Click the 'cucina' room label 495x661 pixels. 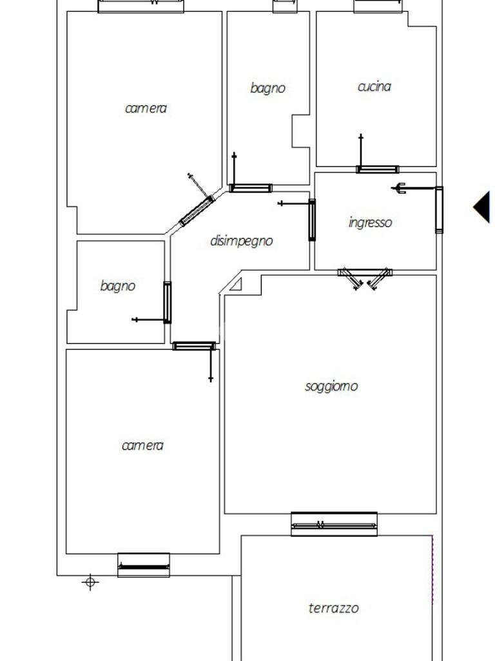click(x=374, y=86)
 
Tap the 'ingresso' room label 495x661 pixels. click(x=370, y=223)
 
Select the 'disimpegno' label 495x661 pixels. click(x=242, y=241)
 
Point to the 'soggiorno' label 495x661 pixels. click(x=331, y=386)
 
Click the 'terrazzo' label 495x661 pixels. click(x=334, y=607)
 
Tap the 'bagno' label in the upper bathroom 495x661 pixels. click(x=267, y=88)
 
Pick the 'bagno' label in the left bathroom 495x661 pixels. click(x=118, y=285)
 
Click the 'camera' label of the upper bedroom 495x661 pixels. click(x=146, y=108)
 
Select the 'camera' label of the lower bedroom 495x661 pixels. click(x=142, y=445)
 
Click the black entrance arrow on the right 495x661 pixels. click(x=481, y=207)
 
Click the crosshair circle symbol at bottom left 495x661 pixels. click(x=90, y=583)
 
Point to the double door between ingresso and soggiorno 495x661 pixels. click(x=365, y=277)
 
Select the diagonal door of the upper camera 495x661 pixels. click(x=197, y=210)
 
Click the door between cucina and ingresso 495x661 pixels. click(x=377, y=170)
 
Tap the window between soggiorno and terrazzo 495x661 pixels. click(x=334, y=525)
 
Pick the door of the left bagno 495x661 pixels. click(x=168, y=302)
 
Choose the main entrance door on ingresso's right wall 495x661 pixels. click(x=439, y=209)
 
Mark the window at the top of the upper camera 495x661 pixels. click(x=141, y=6)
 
